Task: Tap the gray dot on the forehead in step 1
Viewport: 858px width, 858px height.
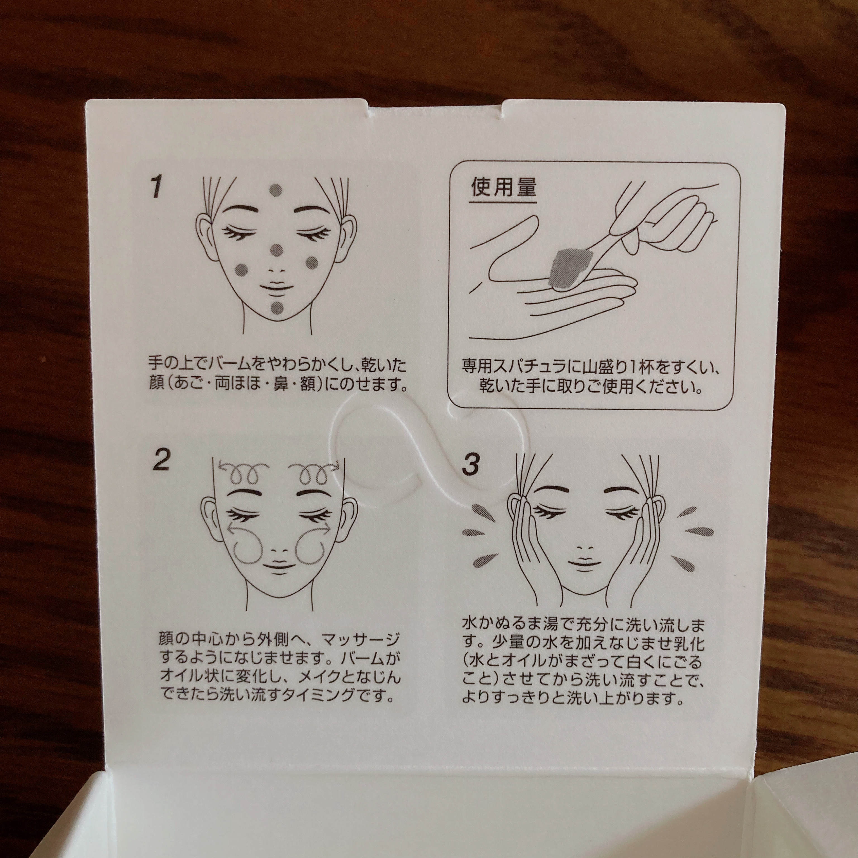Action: coord(276,190)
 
